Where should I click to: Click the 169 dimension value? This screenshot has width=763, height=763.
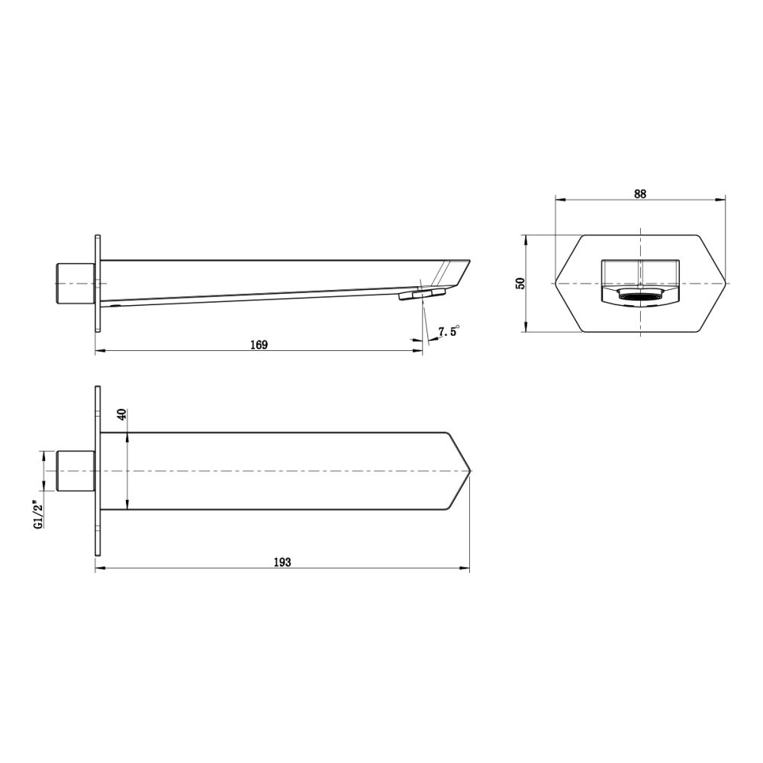click(x=259, y=345)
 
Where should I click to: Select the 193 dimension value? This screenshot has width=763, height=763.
click(x=282, y=562)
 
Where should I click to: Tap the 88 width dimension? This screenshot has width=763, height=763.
click(x=639, y=194)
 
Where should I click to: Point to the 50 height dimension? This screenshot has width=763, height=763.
click(x=520, y=283)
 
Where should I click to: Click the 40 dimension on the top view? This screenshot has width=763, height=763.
click(x=121, y=416)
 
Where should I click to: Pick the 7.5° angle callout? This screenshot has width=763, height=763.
click(x=448, y=332)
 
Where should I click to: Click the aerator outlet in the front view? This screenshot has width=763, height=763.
click(x=639, y=296)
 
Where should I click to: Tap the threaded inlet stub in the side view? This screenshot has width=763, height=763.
click(x=75, y=283)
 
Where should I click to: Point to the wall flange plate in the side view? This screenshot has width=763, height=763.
click(x=97, y=283)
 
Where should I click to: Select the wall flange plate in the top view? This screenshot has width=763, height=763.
click(x=97, y=471)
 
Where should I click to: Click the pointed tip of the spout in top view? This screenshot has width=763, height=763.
click(x=469, y=471)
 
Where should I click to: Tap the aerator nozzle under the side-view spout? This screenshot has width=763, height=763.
click(x=421, y=294)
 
